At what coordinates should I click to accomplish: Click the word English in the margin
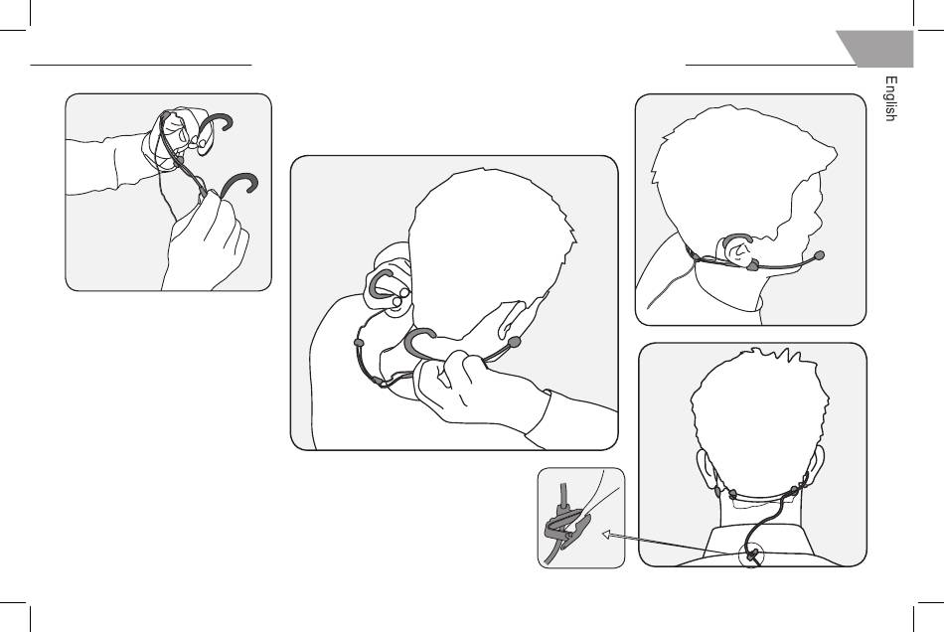(890, 98)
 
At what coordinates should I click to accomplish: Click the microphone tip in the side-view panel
(819, 255)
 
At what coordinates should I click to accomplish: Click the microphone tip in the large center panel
(514, 343)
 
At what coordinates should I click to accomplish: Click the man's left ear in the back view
(705, 468)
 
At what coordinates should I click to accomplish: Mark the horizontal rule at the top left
(141, 65)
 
